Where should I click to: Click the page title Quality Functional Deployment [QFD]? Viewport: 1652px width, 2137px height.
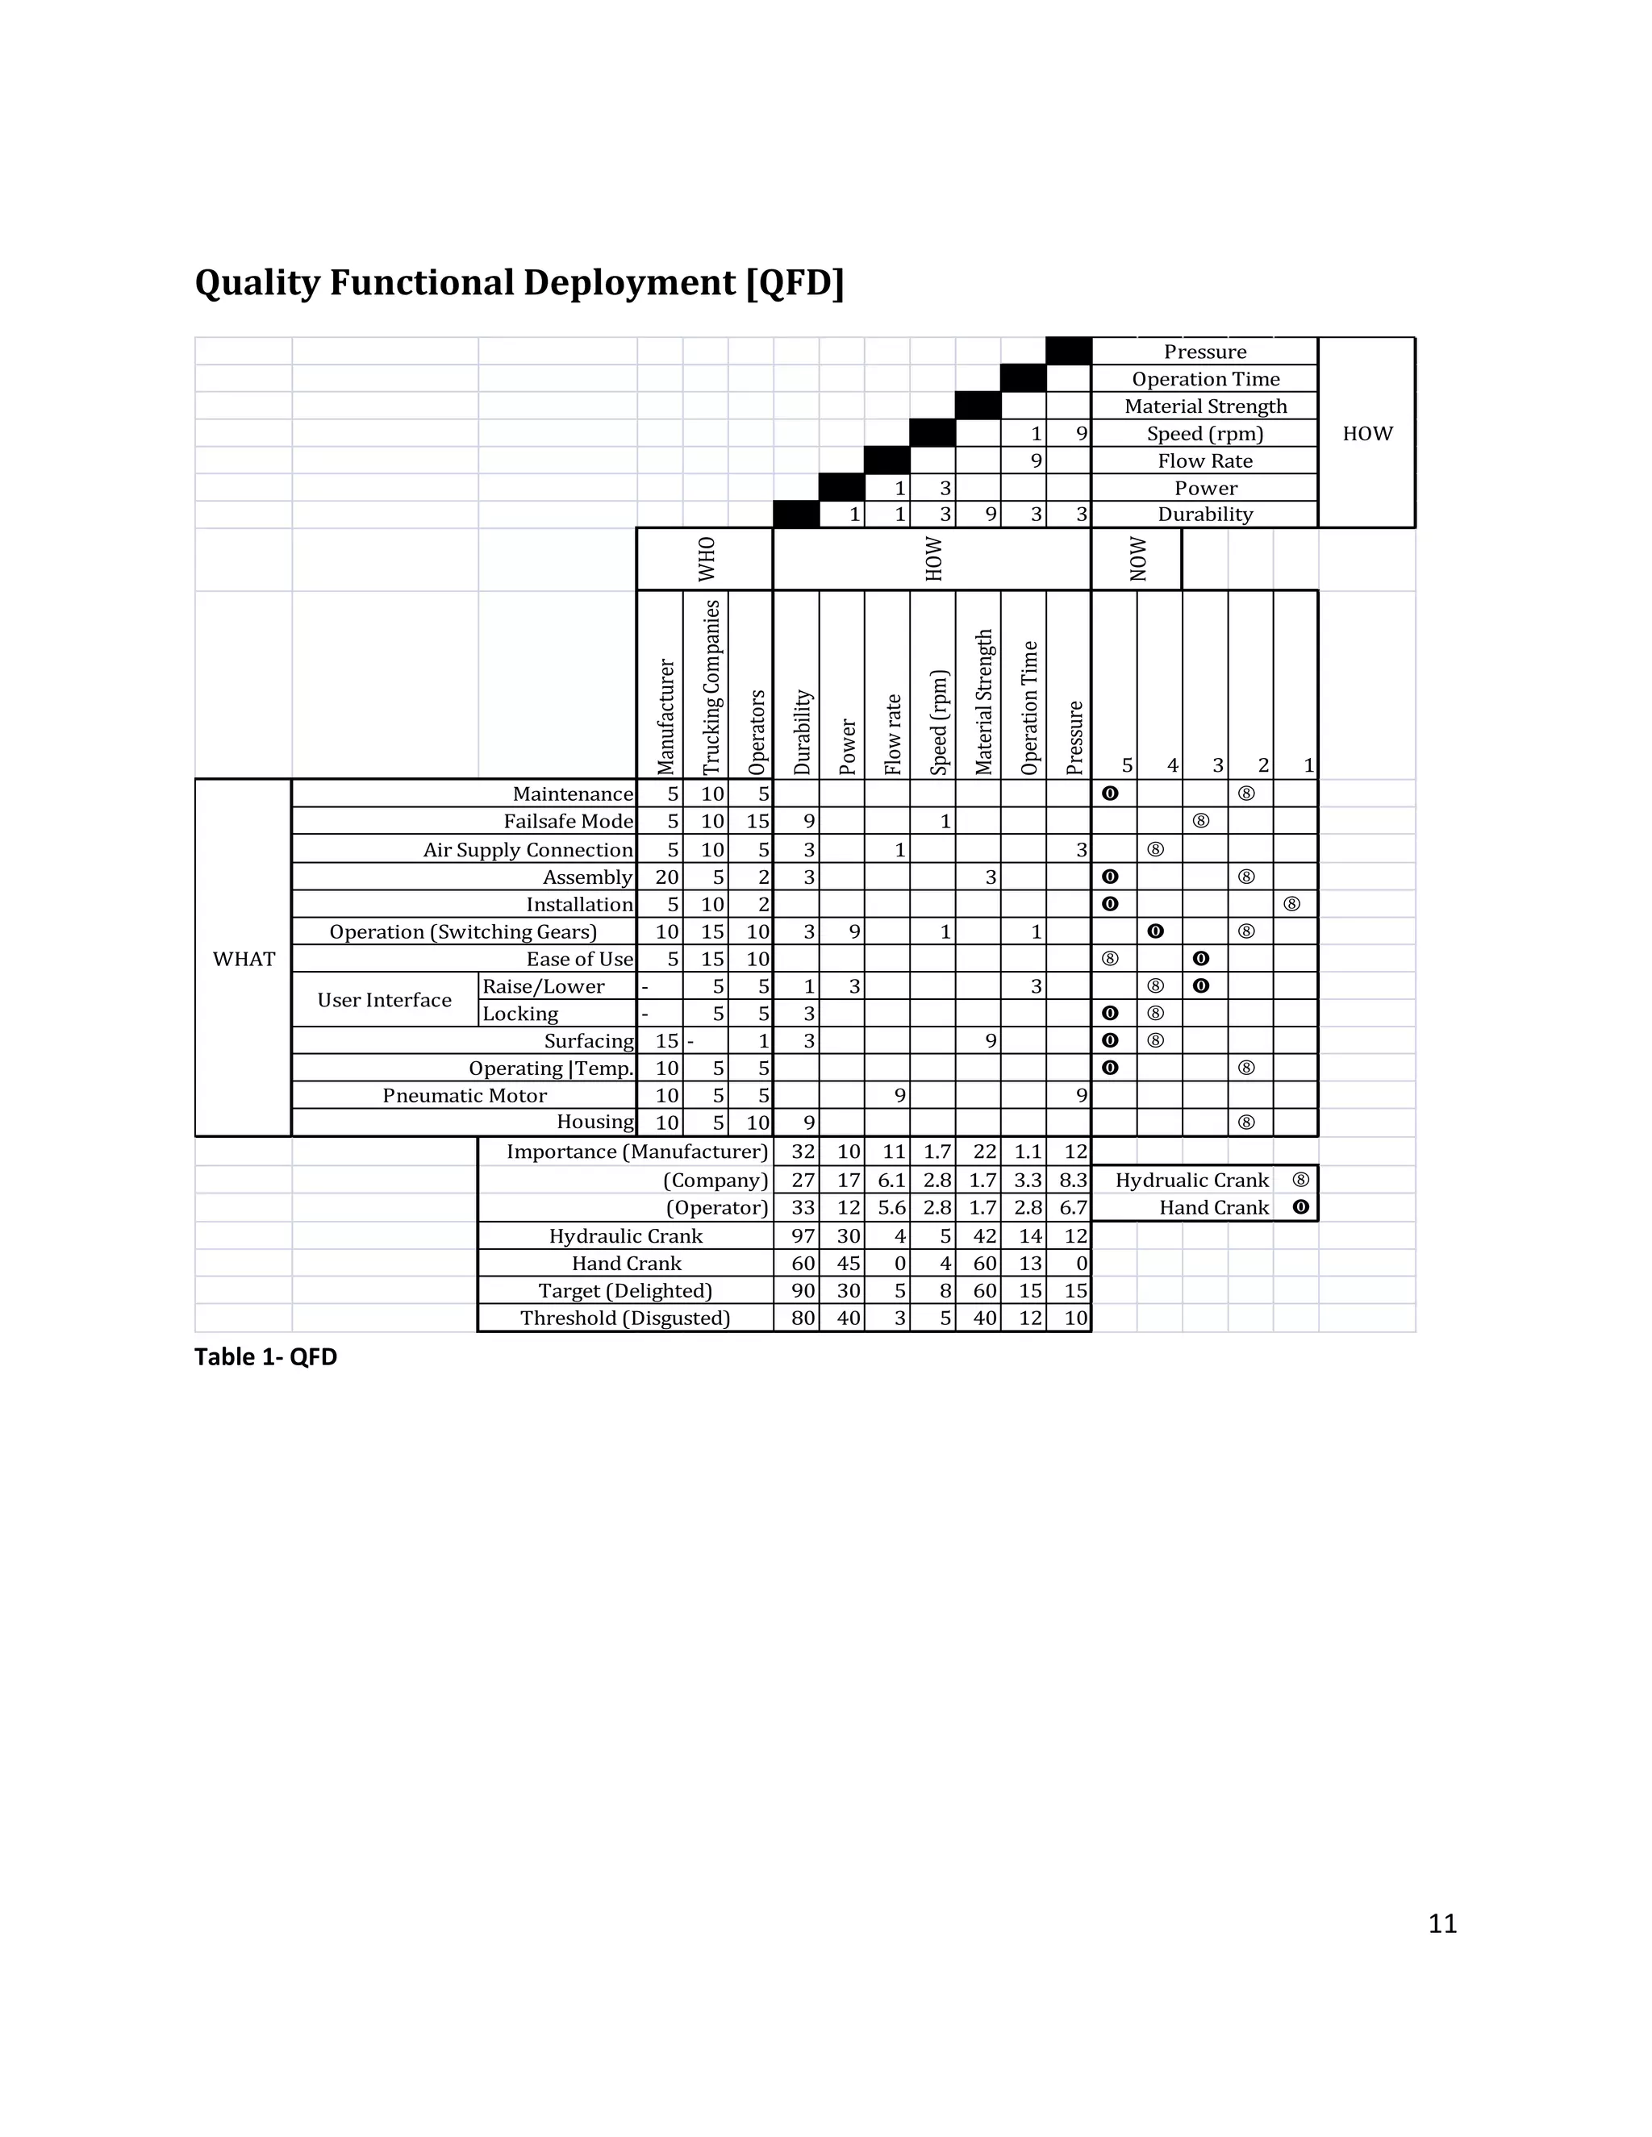coord(519,283)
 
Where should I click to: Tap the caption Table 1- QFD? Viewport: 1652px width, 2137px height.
coord(265,1356)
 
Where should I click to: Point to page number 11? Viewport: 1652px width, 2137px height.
coord(1442,1923)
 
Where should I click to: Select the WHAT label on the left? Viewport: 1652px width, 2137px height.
coord(244,959)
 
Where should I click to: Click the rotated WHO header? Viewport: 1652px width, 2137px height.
coord(707,559)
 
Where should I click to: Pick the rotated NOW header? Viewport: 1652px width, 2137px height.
coord(1137,559)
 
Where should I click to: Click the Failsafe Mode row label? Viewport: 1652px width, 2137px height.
coord(568,821)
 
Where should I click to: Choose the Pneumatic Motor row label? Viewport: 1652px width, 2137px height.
coord(464,1095)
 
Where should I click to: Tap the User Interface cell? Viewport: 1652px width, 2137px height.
coord(385,1000)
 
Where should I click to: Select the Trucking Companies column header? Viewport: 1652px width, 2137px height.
coord(711,687)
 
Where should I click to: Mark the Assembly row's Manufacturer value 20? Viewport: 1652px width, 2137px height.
coord(666,877)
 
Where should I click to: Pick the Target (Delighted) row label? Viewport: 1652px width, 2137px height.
coord(625,1290)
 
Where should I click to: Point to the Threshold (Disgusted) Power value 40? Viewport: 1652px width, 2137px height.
coord(849,1318)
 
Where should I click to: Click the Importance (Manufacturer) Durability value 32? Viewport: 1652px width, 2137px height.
coord(803,1152)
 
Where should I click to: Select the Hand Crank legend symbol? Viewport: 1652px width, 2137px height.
coord(1300,1207)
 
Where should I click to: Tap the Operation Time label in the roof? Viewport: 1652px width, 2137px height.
coord(1205,379)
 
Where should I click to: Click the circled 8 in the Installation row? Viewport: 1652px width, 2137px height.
coord(1292,904)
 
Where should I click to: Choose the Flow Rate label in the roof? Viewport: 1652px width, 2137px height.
coord(1205,460)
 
